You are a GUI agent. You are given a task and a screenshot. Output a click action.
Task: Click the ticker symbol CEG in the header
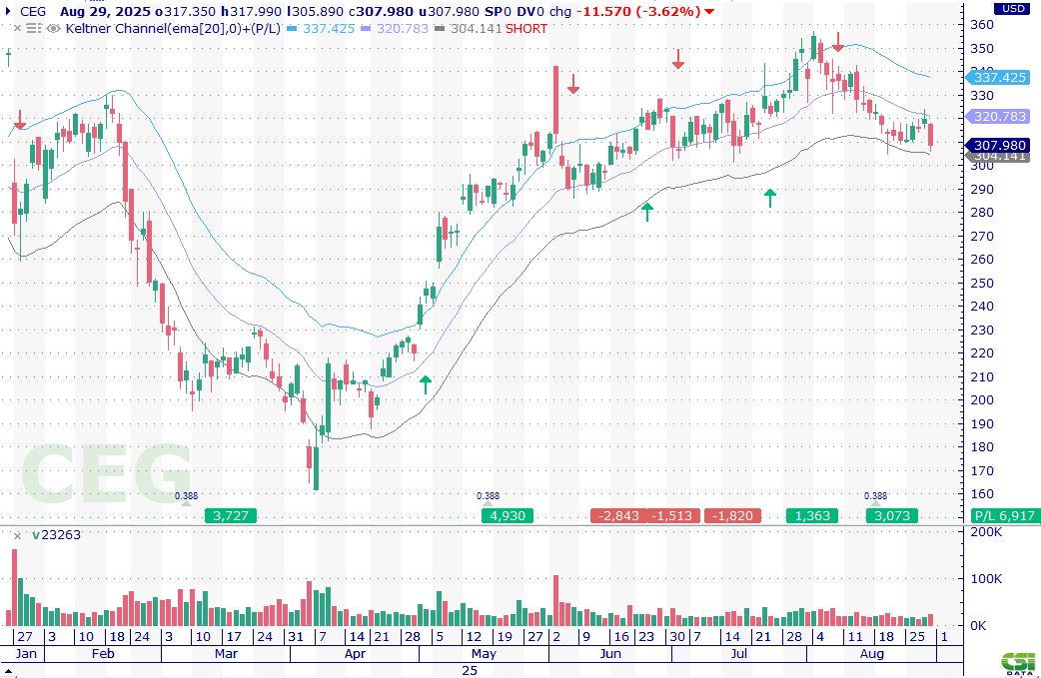32,11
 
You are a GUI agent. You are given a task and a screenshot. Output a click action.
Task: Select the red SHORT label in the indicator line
525,28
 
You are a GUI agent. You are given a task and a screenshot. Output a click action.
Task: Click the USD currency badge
1011,8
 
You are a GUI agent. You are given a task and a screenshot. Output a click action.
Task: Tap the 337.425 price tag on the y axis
999,77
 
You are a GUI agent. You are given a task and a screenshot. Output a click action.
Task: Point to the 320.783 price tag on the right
999,116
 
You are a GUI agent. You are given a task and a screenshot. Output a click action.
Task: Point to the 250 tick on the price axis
984,283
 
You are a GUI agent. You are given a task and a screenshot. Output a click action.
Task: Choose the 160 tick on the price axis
984,493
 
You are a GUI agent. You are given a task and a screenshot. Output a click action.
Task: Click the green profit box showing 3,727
231,516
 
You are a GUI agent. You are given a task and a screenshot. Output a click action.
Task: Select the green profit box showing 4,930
508,516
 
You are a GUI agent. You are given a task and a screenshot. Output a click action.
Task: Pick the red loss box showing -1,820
732,516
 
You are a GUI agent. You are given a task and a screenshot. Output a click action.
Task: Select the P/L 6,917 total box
1002,516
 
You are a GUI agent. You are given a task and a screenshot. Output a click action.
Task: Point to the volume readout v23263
56,534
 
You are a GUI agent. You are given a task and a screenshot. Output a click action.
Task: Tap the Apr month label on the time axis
355,654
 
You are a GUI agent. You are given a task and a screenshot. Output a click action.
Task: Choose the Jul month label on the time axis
739,654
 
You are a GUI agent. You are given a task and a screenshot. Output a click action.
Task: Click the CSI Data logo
1018,663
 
